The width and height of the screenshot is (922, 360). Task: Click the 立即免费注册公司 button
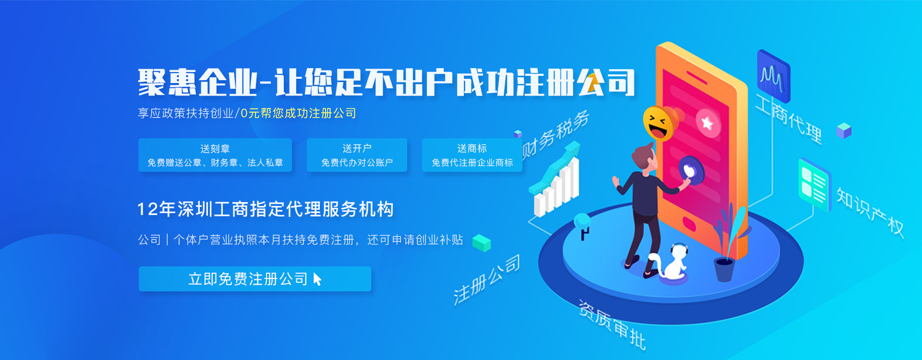255,279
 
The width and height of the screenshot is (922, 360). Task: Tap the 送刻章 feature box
215,155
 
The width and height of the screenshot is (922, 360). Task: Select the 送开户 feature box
357,155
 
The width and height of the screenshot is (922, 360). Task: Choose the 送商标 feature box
472,155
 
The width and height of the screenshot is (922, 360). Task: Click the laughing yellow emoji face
657,123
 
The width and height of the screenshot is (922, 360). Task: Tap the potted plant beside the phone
728,245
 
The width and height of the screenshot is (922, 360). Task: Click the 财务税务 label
555,134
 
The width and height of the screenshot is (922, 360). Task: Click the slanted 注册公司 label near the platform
486,279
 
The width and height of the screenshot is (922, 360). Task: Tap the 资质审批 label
612,324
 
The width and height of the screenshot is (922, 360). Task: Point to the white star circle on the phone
707,122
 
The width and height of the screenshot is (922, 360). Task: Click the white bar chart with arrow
556,180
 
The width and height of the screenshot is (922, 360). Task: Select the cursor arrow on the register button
317,279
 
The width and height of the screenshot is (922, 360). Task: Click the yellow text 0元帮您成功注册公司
298,113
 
